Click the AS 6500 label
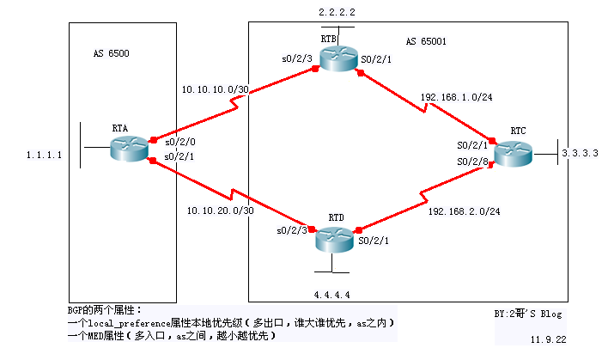coord(112,53)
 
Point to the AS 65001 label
coord(426,40)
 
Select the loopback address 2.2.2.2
coord(336,13)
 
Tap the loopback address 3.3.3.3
coord(581,153)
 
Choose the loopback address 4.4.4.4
coord(331,294)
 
